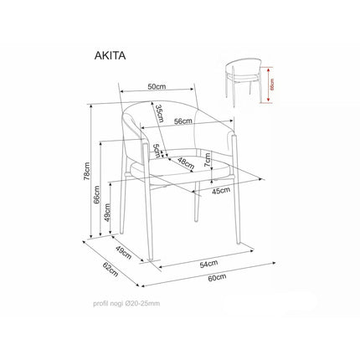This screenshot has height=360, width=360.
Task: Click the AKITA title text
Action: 110,56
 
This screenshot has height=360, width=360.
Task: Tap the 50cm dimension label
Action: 157,86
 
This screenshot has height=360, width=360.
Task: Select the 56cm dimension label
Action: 183,121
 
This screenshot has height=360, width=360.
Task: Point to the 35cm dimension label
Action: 159,113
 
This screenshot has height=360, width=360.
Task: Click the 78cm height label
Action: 87,171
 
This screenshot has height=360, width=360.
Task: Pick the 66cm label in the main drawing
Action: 97,195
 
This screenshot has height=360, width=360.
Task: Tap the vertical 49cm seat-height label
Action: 107,213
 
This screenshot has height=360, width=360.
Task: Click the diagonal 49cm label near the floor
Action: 123,252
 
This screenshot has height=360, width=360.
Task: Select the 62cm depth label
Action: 111,270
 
